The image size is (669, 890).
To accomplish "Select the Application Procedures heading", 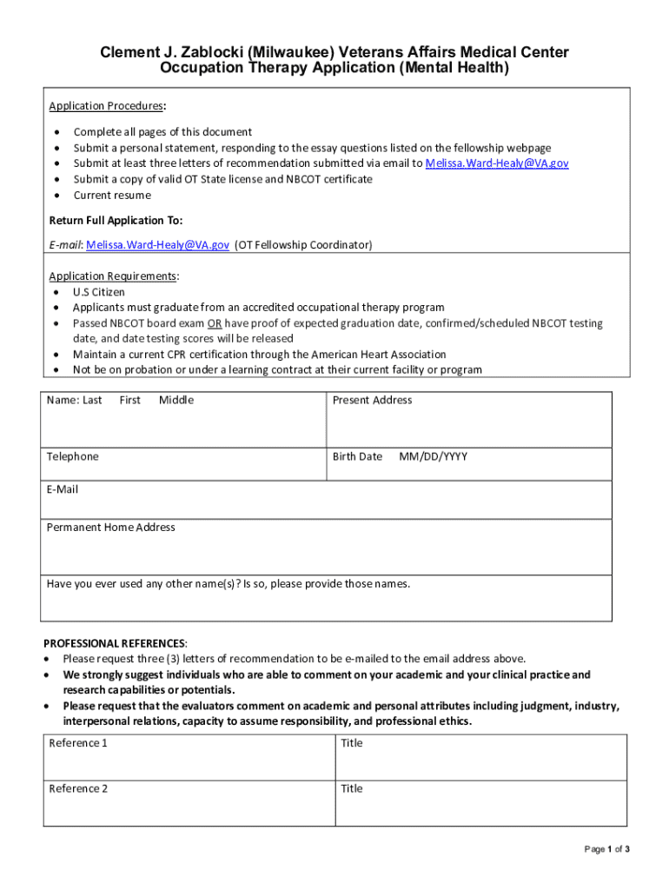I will click(105, 106).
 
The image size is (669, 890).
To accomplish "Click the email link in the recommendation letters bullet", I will click(497, 163).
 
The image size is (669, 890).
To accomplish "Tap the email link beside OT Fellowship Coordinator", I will click(157, 245).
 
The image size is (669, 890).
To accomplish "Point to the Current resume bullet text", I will click(112, 195).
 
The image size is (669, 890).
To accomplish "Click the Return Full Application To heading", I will click(116, 221).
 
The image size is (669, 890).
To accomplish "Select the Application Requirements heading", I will click(113, 276).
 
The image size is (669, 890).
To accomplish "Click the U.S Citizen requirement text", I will click(99, 292).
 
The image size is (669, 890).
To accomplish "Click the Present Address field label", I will click(372, 401).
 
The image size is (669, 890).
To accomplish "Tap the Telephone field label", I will click(72, 457).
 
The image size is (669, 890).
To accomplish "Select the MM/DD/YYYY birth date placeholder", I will click(433, 457).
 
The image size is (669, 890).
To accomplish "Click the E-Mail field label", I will click(62, 490).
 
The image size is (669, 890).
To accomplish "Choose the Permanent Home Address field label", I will click(110, 528).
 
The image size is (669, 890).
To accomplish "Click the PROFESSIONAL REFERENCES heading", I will click(114, 643).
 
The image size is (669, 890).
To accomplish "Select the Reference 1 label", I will click(78, 743).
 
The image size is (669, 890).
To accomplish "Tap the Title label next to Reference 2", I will click(352, 789).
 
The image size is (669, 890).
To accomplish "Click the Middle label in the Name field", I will click(176, 401).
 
